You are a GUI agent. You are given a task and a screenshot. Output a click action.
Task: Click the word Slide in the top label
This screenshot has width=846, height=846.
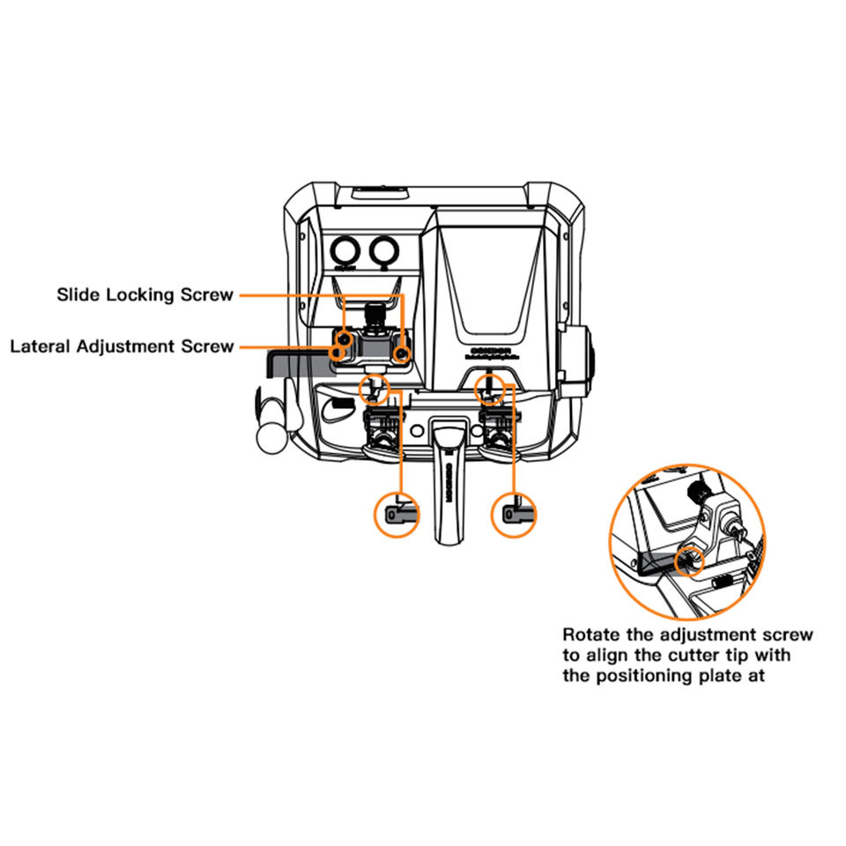(x=78, y=294)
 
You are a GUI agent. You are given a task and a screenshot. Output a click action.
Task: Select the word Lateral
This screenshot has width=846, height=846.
(x=41, y=346)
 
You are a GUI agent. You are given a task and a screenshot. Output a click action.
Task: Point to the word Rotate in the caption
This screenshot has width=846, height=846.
(x=590, y=634)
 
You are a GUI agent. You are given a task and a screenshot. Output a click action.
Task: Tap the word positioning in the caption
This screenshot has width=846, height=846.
(x=632, y=677)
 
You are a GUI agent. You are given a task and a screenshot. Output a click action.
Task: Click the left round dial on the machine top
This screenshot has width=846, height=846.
(x=344, y=250)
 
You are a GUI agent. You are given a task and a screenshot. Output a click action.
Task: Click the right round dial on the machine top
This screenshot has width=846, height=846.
(x=382, y=250)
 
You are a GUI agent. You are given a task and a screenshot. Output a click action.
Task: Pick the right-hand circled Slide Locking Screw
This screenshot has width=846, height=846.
(x=402, y=353)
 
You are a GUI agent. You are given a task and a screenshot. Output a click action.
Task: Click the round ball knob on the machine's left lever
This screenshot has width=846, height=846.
(x=266, y=433)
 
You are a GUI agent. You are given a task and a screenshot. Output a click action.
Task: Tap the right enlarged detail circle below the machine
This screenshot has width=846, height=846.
(x=514, y=512)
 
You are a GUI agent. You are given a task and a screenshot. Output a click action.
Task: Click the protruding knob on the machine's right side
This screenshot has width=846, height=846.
(x=583, y=360)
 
